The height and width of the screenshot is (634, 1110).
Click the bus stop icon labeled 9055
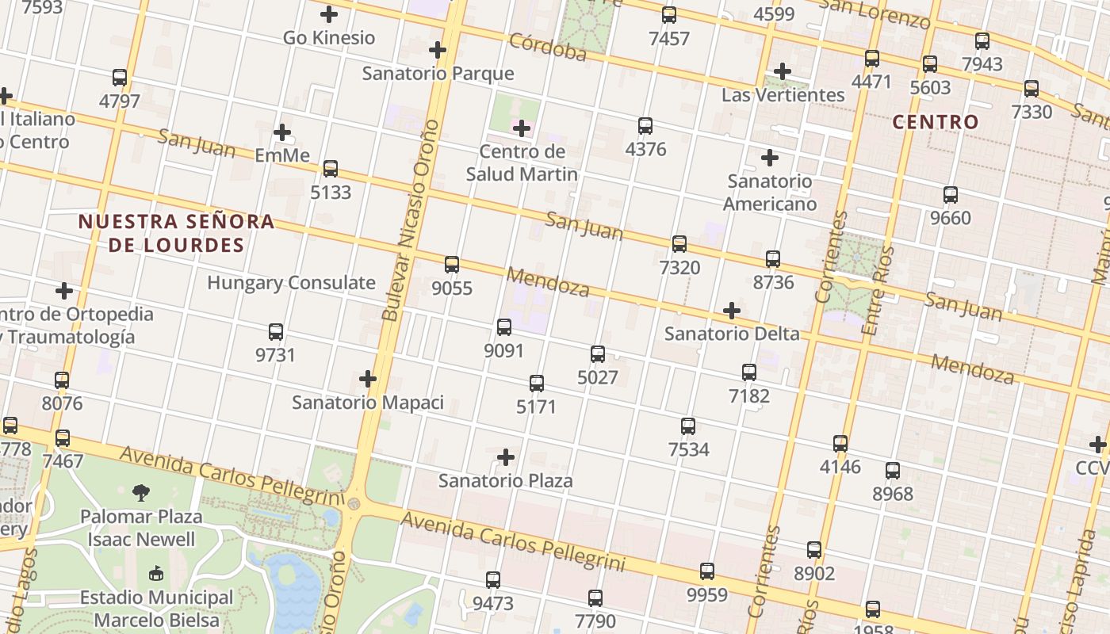coord(452,265)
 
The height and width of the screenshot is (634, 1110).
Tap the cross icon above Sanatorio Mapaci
coord(368,379)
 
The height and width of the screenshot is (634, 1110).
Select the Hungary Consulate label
coord(291,283)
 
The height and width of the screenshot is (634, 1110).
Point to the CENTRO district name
coord(936,122)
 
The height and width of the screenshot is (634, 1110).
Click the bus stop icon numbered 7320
coord(679,244)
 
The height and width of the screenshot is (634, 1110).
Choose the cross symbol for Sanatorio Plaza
coord(506,457)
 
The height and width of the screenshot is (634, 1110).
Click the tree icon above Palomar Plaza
coord(141,493)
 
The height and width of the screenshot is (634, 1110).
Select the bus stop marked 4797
coord(120,78)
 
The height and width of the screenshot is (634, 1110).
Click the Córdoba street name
coord(548,47)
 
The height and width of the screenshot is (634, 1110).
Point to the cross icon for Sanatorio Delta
coord(732,311)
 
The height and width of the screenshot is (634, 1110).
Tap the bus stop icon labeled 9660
coord(950,194)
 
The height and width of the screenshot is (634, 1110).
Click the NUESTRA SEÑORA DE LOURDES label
coord(176,233)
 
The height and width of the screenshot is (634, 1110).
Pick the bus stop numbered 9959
coord(706,571)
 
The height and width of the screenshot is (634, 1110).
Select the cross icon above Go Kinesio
coord(329,14)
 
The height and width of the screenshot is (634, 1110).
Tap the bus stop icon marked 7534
coord(688,426)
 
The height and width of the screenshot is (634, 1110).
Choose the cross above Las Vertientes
coord(783,71)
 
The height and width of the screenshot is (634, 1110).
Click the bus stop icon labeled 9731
coord(276,332)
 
